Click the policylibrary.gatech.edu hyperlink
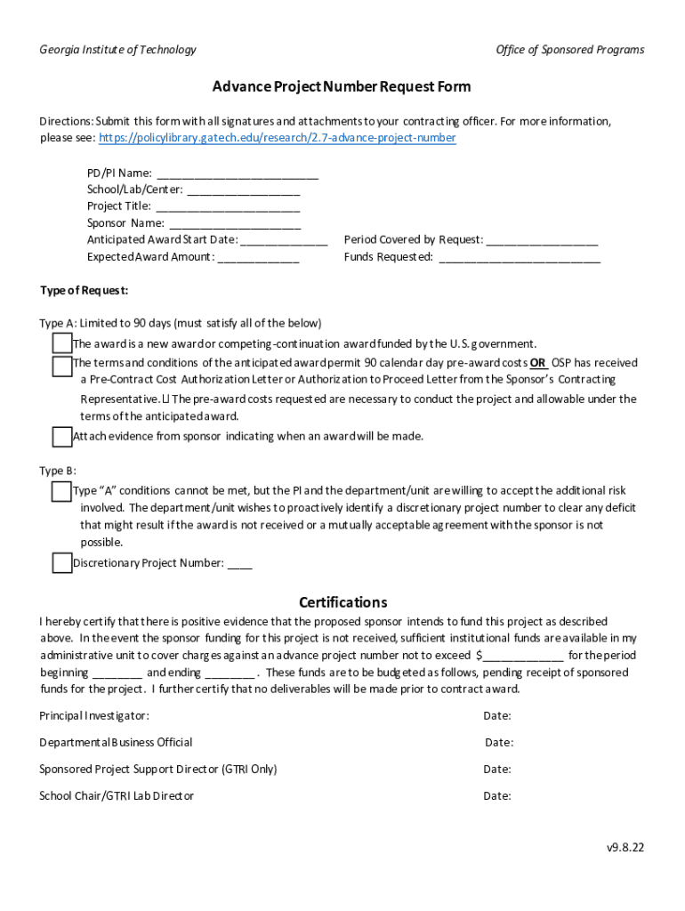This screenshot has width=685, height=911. [277, 138]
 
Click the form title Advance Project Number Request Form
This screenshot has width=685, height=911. [342, 86]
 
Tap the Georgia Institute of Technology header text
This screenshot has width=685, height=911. [117, 50]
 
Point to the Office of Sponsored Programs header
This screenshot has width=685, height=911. [569, 50]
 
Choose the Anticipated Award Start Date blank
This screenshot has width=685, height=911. [284, 240]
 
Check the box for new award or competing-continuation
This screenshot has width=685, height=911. [61, 343]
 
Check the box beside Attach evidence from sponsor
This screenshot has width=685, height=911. [61, 437]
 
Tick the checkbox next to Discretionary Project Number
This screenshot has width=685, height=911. [61, 563]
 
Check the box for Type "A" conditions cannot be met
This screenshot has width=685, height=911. [61, 491]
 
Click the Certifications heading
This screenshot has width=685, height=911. [342, 602]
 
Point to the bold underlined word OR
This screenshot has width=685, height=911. [538, 363]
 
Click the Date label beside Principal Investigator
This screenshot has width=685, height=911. [496, 716]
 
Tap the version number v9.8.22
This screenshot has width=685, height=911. [625, 848]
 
